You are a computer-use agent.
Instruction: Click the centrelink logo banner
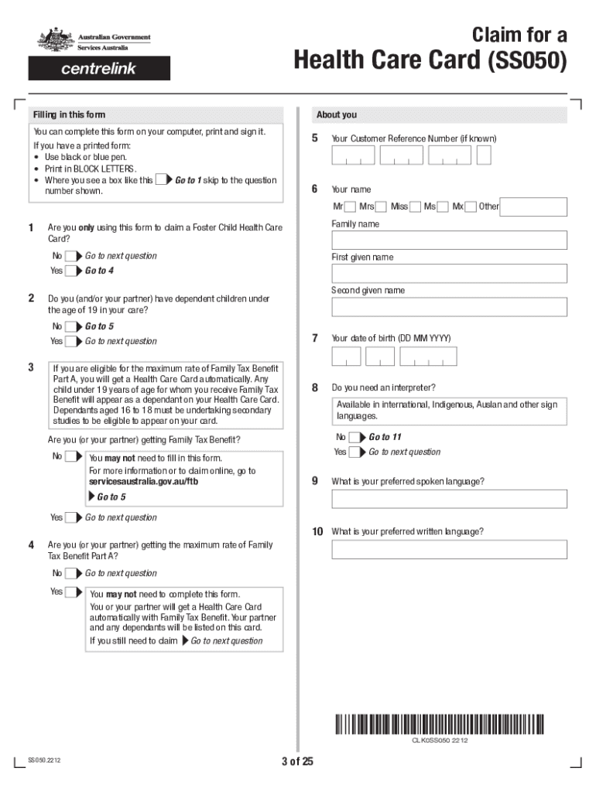99,68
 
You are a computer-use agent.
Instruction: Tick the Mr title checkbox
350,207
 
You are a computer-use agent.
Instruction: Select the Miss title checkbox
415,207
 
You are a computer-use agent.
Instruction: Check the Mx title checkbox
470,207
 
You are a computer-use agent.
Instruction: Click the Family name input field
449,240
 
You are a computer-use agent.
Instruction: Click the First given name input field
449,273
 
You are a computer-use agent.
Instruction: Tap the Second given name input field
449,307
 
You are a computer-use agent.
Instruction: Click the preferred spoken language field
449,499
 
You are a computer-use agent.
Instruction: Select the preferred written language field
449,549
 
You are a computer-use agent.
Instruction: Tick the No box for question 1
71,256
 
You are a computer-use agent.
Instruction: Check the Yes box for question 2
71,341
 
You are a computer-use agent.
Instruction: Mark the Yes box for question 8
355,452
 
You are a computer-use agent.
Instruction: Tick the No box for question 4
71,574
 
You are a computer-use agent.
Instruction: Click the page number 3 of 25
297,762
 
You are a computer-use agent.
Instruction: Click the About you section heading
337,114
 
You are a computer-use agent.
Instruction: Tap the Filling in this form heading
69,114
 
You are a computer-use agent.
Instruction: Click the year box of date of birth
428,357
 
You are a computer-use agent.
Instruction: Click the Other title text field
533,207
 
